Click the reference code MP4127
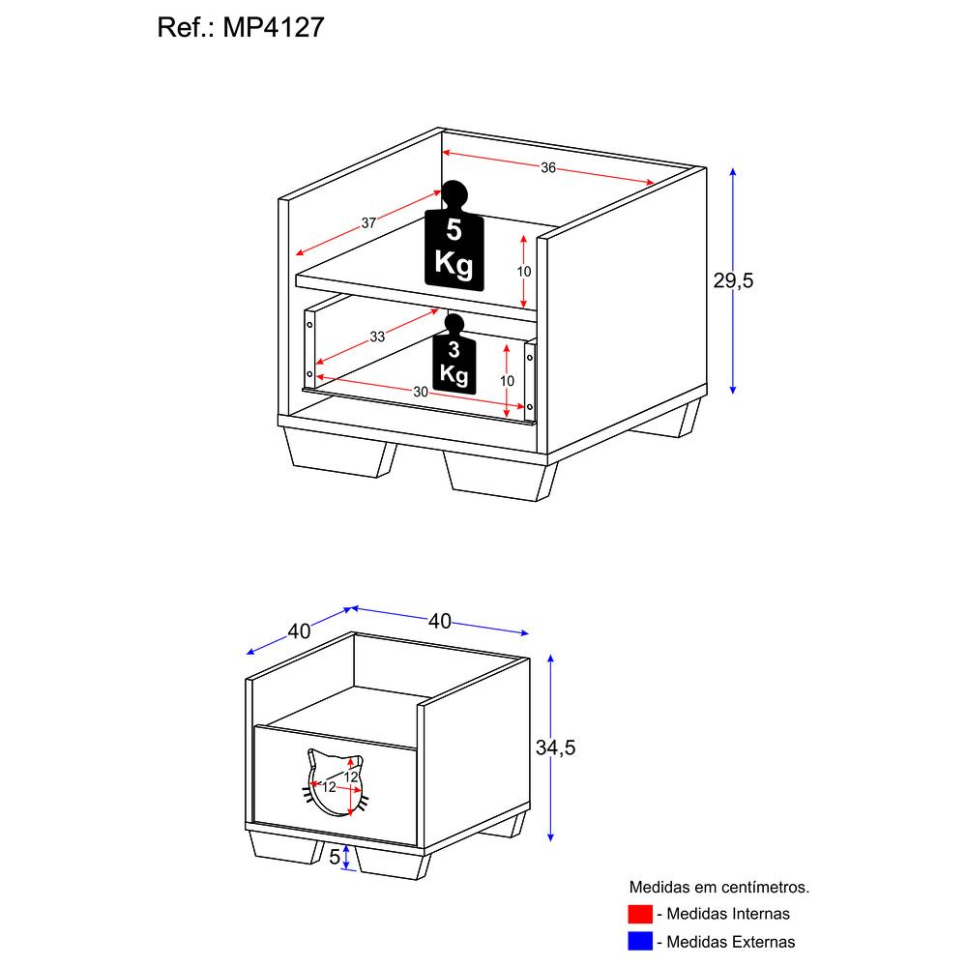(x=274, y=27)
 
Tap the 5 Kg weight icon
(x=454, y=238)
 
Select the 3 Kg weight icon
(x=454, y=355)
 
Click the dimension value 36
(x=548, y=167)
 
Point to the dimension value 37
(x=368, y=223)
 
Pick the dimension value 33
(x=377, y=337)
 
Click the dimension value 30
(x=421, y=393)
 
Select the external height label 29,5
(x=733, y=280)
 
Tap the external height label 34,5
(x=555, y=747)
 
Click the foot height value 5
(x=335, y=857)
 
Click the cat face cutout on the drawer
(x=337, y=783)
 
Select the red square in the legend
(x=640, y=914)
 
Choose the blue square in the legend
(x=640, y=941)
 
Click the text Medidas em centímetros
(x=719, y=888)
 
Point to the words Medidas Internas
(x=728, y=914)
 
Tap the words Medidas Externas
(x=731, y=942)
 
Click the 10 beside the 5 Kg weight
(x=523, y=272)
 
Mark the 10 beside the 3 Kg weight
(x=507, y=381)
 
